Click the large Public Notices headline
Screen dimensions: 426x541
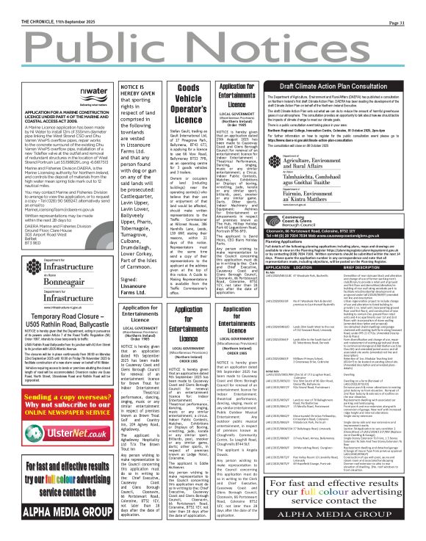coord(212,45)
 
